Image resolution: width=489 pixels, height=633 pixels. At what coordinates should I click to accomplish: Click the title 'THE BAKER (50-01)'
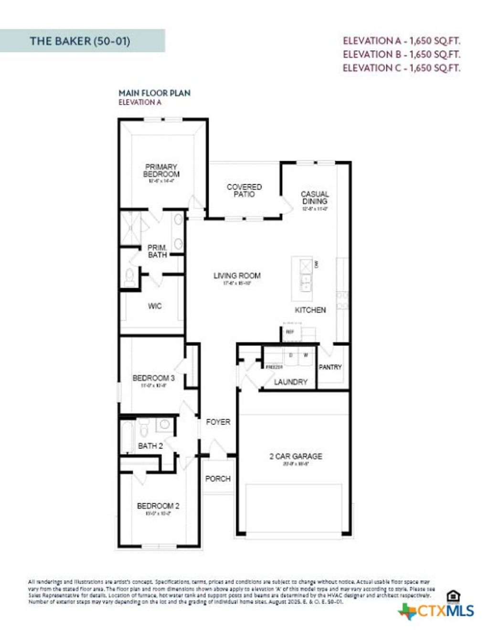(80, 41)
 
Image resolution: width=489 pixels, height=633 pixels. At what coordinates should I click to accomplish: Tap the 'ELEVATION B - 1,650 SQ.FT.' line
(401, 54)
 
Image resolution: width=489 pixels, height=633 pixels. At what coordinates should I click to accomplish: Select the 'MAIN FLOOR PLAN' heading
(154, 93)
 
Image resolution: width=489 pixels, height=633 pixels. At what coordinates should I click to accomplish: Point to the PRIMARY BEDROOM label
(161, 170)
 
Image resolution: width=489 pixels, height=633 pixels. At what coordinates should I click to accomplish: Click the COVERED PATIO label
(244, 190)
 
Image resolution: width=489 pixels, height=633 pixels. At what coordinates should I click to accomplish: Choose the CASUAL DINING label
(315, 198)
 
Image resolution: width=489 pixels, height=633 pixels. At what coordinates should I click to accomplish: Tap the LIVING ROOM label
(237, 275)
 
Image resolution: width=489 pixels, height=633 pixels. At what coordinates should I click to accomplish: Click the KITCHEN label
(310, 310)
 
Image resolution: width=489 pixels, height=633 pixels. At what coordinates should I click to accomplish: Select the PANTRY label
(330, 367)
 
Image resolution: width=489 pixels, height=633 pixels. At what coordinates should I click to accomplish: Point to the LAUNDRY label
(291, 382)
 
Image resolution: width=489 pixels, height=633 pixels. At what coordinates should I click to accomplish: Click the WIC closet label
(155, 306)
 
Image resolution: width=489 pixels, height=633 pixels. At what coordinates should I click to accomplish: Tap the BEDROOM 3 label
(153, 378)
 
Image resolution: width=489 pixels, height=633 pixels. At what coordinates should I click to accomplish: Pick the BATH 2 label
(150, 446)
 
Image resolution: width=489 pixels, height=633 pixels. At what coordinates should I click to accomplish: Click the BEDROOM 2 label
(158, 506)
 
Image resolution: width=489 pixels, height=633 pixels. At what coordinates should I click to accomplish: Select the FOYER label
(218, 422)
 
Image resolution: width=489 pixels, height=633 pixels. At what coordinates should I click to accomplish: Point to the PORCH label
(218, 478)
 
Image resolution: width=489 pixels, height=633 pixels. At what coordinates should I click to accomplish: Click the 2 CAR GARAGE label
(296, 456)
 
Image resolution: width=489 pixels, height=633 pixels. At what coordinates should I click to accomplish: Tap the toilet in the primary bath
(129, 277)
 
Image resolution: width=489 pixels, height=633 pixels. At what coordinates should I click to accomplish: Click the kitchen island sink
(306, 282)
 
